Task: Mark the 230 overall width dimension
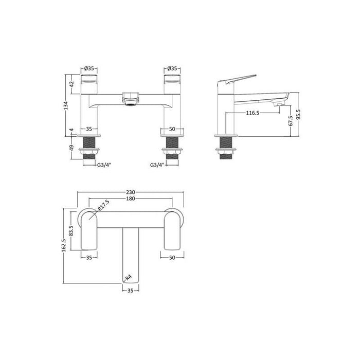(131, 192)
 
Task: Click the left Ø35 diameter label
(88, 68)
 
